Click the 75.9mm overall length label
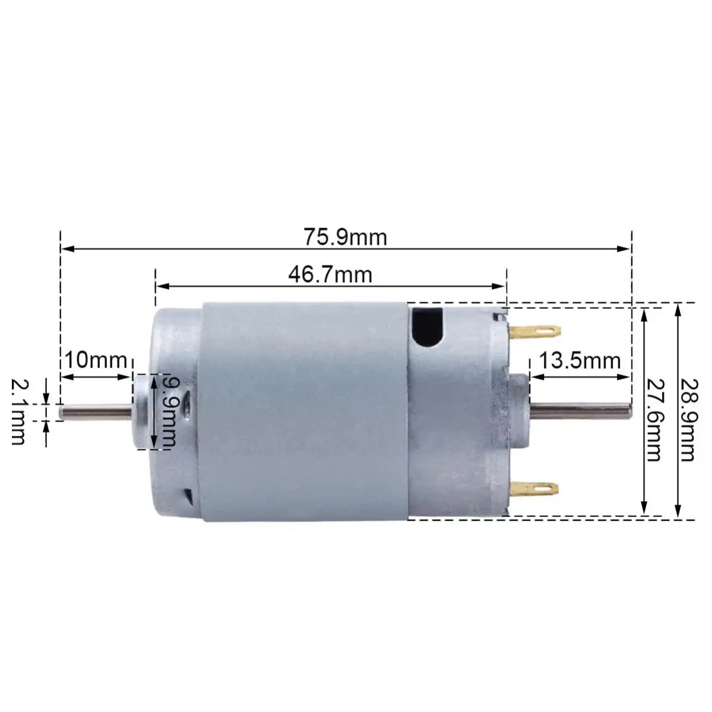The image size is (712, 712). [x=345, y=237]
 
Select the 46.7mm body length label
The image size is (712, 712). [x=330, y=274]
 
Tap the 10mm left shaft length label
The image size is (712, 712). [x=95, y=360]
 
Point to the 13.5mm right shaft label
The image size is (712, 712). [x=579, y=360]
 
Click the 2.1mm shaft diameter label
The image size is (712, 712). [x=18, y=412]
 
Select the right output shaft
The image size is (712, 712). [x=579, y=410]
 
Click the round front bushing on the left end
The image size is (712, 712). [x=143, y=411]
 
